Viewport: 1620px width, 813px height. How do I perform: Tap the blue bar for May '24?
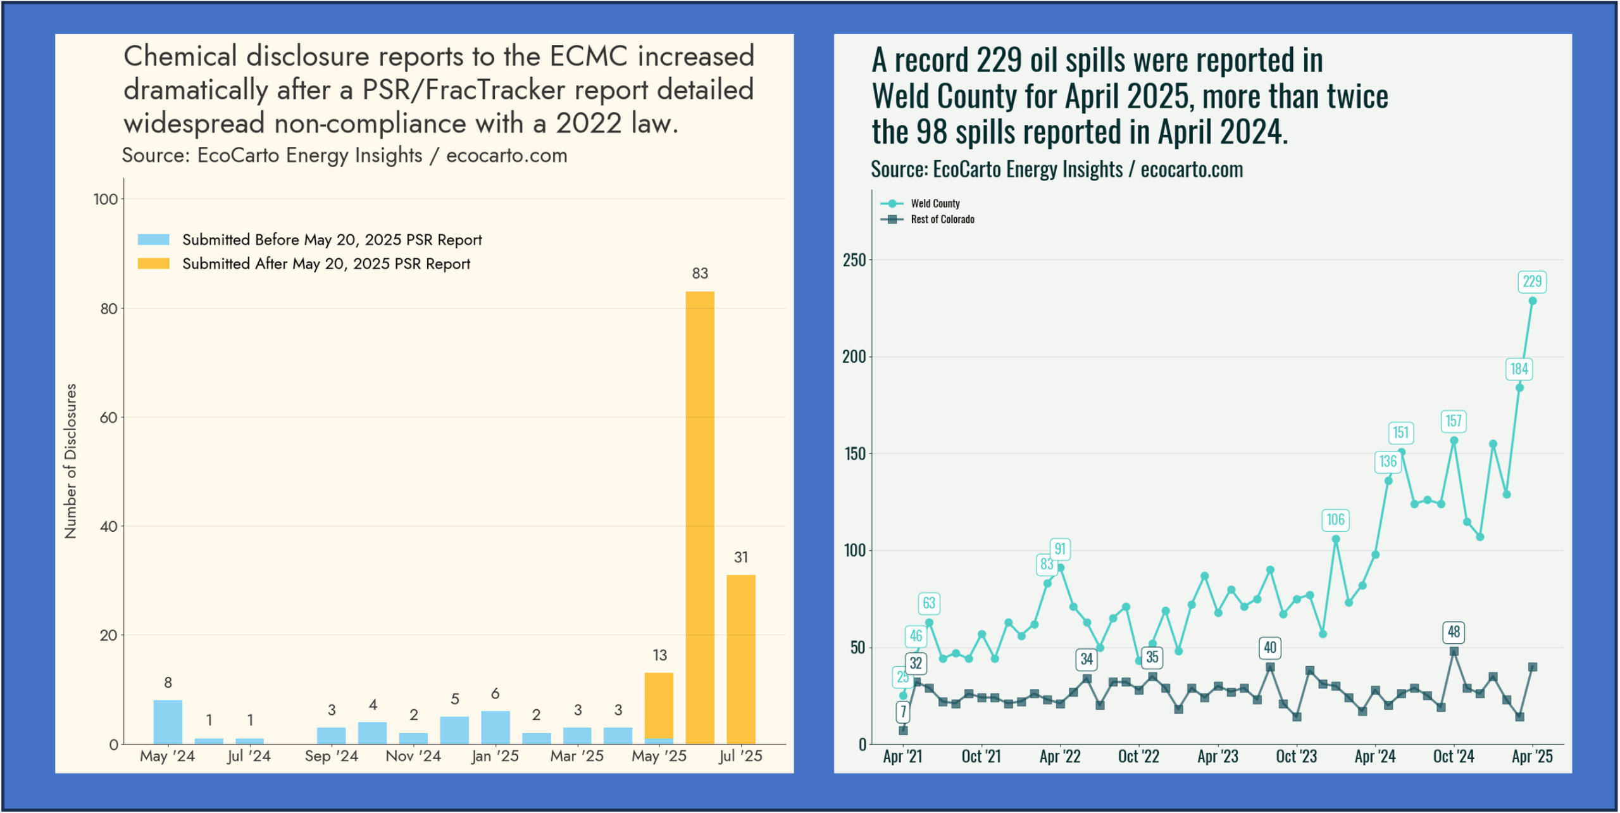pos(168,722)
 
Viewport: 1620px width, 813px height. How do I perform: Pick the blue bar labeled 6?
pos(495,727)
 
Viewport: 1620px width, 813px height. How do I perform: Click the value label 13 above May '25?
pos(659,655)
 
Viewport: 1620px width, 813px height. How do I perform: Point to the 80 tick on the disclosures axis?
pos(108,308)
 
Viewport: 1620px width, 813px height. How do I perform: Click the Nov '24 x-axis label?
pos(413,756)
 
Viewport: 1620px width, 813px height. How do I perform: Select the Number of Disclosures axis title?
pos(70,461)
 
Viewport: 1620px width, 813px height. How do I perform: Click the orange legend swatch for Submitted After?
pos(154,263)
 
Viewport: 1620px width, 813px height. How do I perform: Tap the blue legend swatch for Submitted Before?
pos(154,239)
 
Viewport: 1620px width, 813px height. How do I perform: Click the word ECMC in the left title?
pos(588,56)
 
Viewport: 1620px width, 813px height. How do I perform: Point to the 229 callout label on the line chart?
pos(1531,281)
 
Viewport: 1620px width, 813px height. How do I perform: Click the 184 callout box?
pos(1519,369)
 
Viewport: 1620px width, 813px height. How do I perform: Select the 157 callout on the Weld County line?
pos(1454,420)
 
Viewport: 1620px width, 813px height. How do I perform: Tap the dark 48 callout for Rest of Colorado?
pos(1454,631)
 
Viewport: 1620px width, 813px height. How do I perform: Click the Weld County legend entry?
pos(935,203)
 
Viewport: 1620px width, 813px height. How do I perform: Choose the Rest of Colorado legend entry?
pos(942,219)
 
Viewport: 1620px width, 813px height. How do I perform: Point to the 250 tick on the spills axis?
pos(854,260)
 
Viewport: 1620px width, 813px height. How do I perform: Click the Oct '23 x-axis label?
pos(1296,756)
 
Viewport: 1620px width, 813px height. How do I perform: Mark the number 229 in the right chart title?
pos(999,61)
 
